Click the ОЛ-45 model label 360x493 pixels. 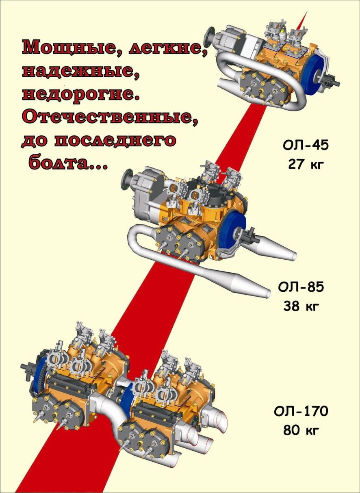pyautogui.click(x=306, y=146)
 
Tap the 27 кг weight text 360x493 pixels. pyautogui.click(x=306, y=165)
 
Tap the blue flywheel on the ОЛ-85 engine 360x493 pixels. pyautogui.click(x=233, y=228)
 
